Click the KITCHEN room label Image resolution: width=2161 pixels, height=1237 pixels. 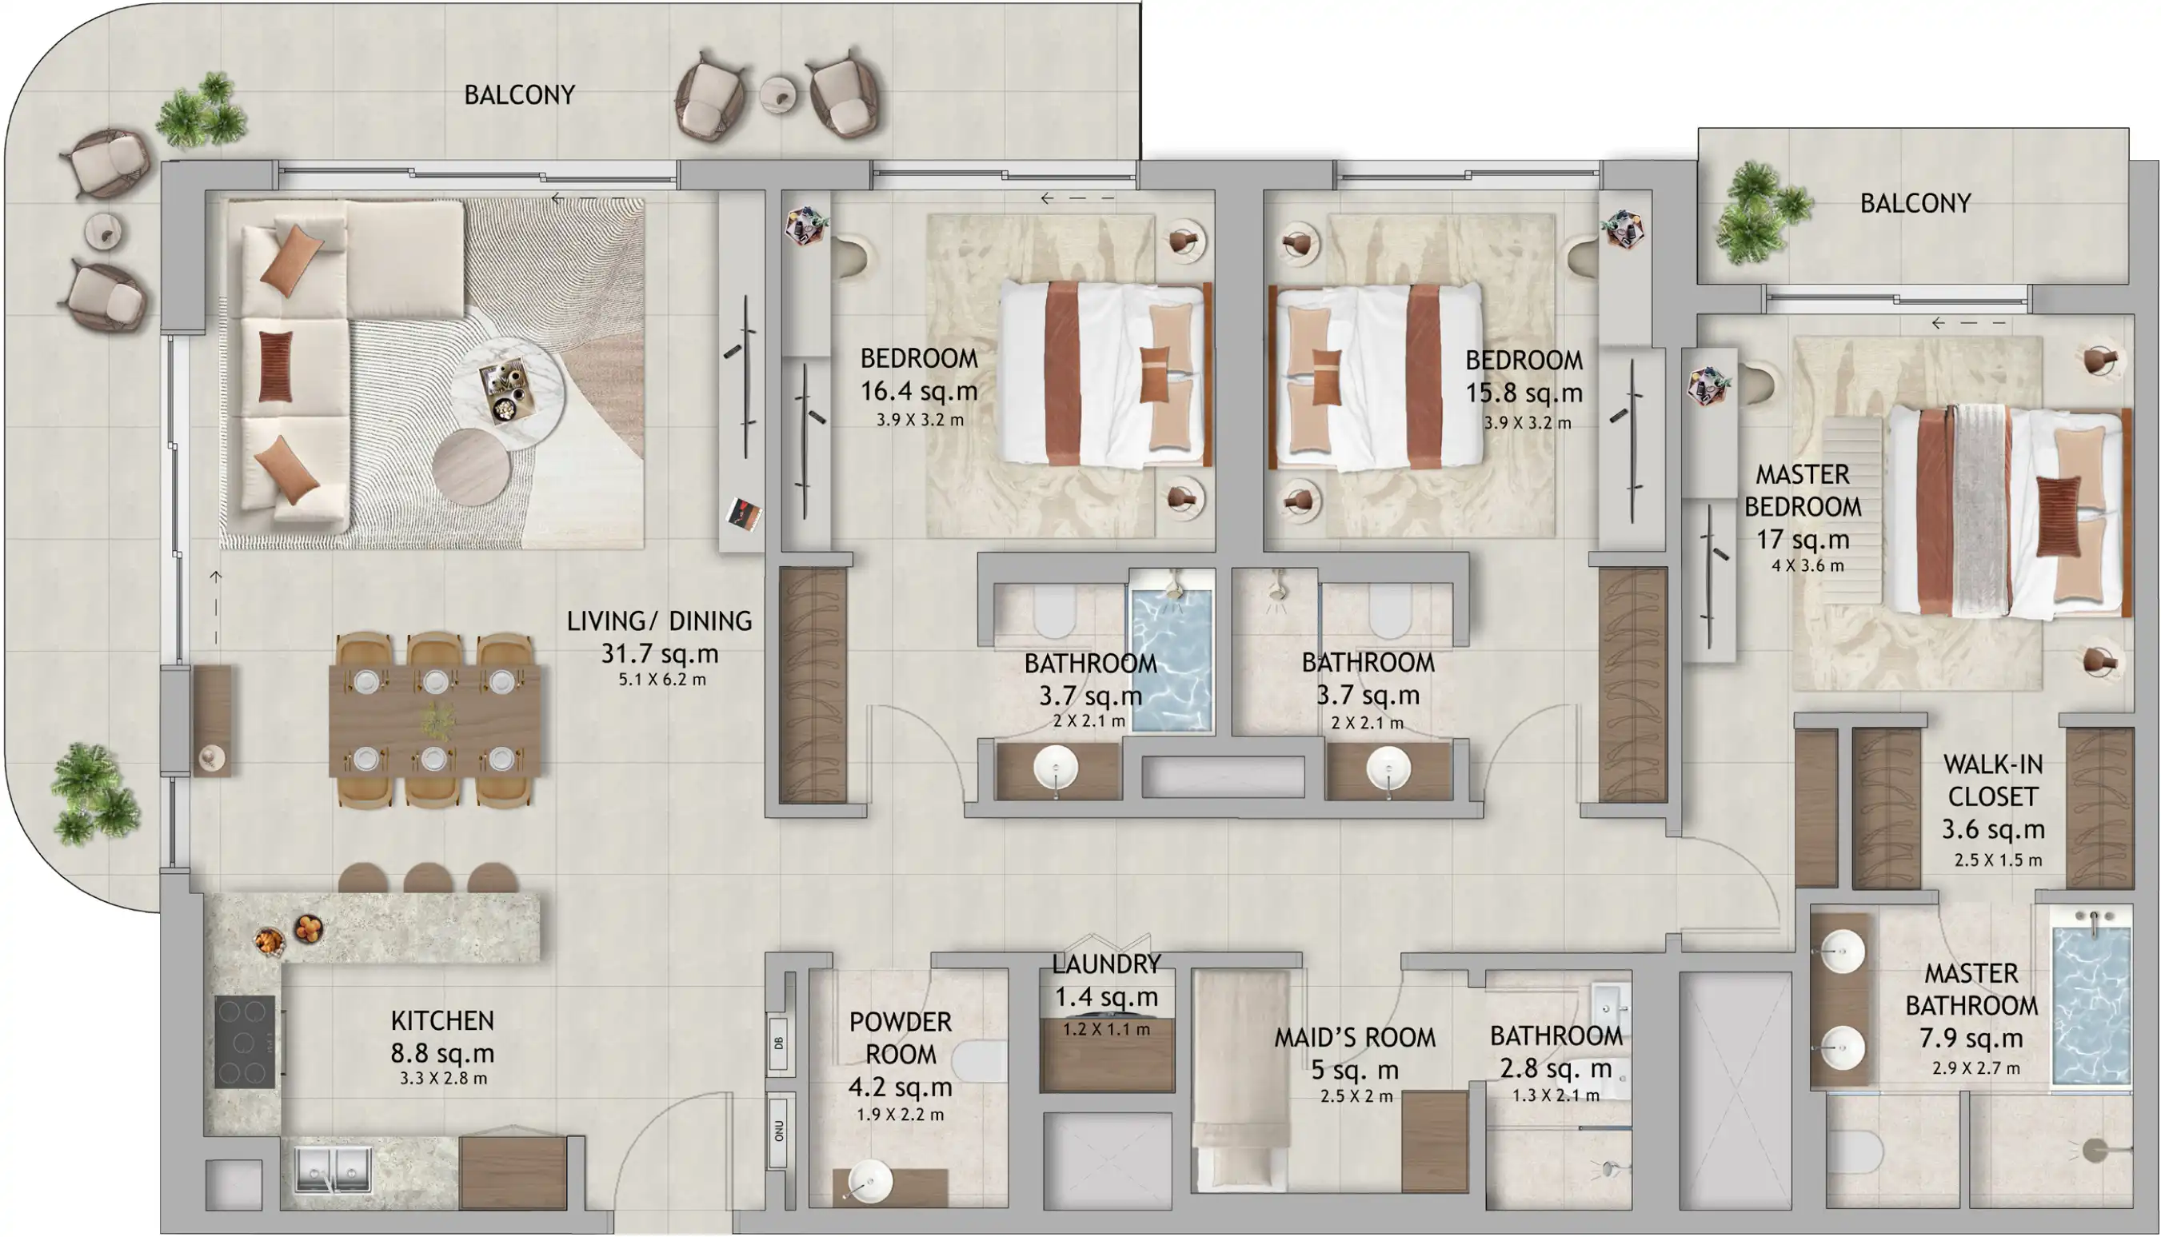[442, 1020]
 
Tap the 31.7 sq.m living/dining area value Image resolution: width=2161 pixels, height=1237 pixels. [660, 654]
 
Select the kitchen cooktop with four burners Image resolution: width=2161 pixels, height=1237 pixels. [245, 1042]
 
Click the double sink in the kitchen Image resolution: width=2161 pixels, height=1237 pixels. [334, 1170]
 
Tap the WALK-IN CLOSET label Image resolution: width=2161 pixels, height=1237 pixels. [1993, 780]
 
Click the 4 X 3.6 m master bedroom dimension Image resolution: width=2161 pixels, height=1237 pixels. [1807, 566]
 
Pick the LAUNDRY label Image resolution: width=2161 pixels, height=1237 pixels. [1106, 964]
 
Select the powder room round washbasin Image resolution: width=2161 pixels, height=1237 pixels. [869, 1180]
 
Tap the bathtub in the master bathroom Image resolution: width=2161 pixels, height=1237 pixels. [2091, 1007]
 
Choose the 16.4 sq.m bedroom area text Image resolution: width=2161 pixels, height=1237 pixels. [919, 392]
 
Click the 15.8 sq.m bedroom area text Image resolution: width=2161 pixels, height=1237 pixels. [1524, 393]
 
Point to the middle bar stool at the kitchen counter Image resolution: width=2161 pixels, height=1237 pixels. [427, 879]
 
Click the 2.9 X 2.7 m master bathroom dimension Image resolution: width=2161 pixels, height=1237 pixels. [1975, 1069]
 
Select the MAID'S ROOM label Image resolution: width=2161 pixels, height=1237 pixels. [1355, 1037]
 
